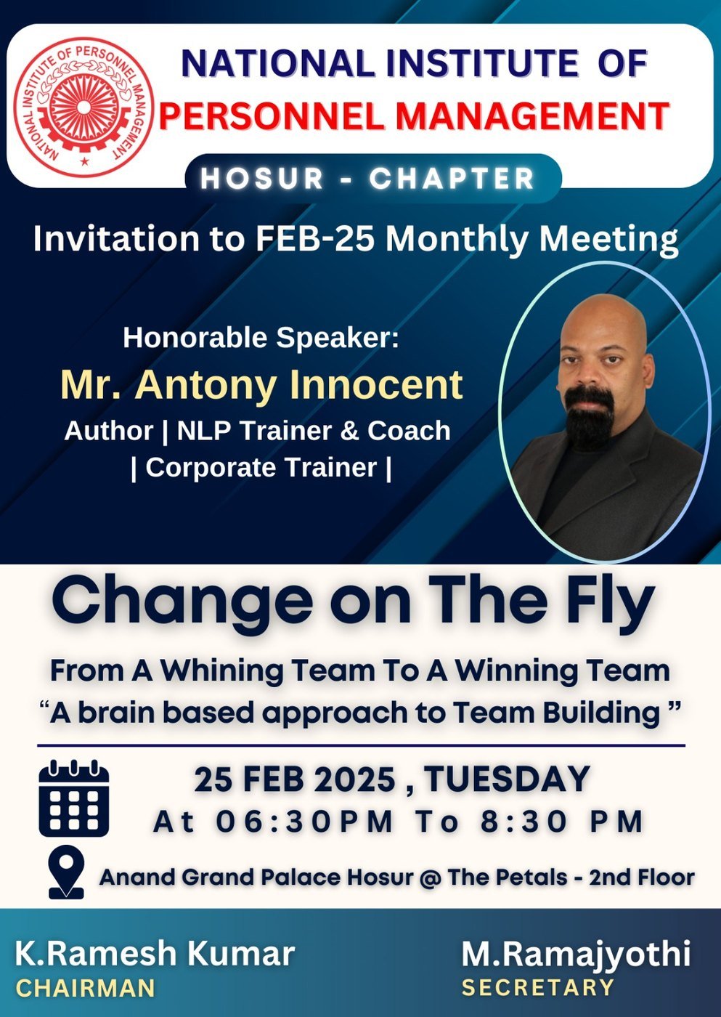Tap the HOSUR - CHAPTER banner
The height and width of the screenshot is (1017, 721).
(373, 179)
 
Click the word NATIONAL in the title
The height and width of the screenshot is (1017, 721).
(277, 63)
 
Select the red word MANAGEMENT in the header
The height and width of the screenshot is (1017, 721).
(533, 116)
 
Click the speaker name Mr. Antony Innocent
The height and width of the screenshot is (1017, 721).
(262, 384)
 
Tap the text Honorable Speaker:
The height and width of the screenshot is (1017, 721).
(261, 338)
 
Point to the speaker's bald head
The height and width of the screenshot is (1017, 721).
(601, 318)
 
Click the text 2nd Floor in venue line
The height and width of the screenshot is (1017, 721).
(642, 877)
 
